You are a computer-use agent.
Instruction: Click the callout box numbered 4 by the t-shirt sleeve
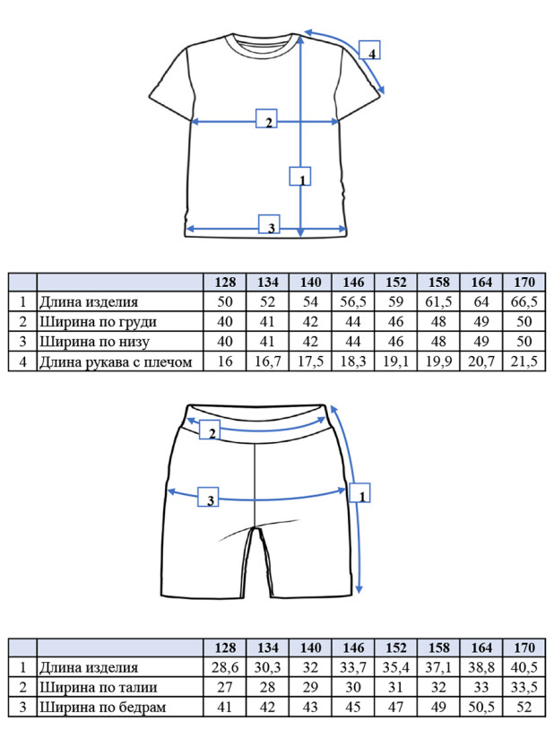(x=369, y=50)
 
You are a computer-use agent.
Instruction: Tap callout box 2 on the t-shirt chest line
(x=266, y=118)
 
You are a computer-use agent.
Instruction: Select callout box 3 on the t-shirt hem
(x=269, y=224)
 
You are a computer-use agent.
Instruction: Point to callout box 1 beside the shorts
(x=359, y=492)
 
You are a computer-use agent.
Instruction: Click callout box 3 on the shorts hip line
(x=208, y=497)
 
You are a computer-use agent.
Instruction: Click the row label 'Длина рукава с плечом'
(x=116, y=362)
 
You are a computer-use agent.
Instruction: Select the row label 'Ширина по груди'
(x=98, y=322)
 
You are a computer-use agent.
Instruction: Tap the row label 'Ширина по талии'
(x=98, y=688)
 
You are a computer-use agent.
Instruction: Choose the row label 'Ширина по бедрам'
(x=103, y=708)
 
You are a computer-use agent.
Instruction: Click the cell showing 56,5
(x=353, y=302)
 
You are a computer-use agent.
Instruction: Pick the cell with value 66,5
(x=524, y=302)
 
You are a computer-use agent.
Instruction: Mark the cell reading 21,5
(x=524, y=362)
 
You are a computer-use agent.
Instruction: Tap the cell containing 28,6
(x=225, y=668)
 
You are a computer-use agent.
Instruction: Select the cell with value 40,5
(x=524, y=668)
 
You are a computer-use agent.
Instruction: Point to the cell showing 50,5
(x=481, y=708)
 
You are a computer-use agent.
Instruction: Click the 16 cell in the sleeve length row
(x=225, y=362)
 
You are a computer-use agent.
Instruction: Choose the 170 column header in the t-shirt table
(x=524, y=283)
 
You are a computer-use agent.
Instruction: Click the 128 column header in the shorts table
(x=225, y=648)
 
